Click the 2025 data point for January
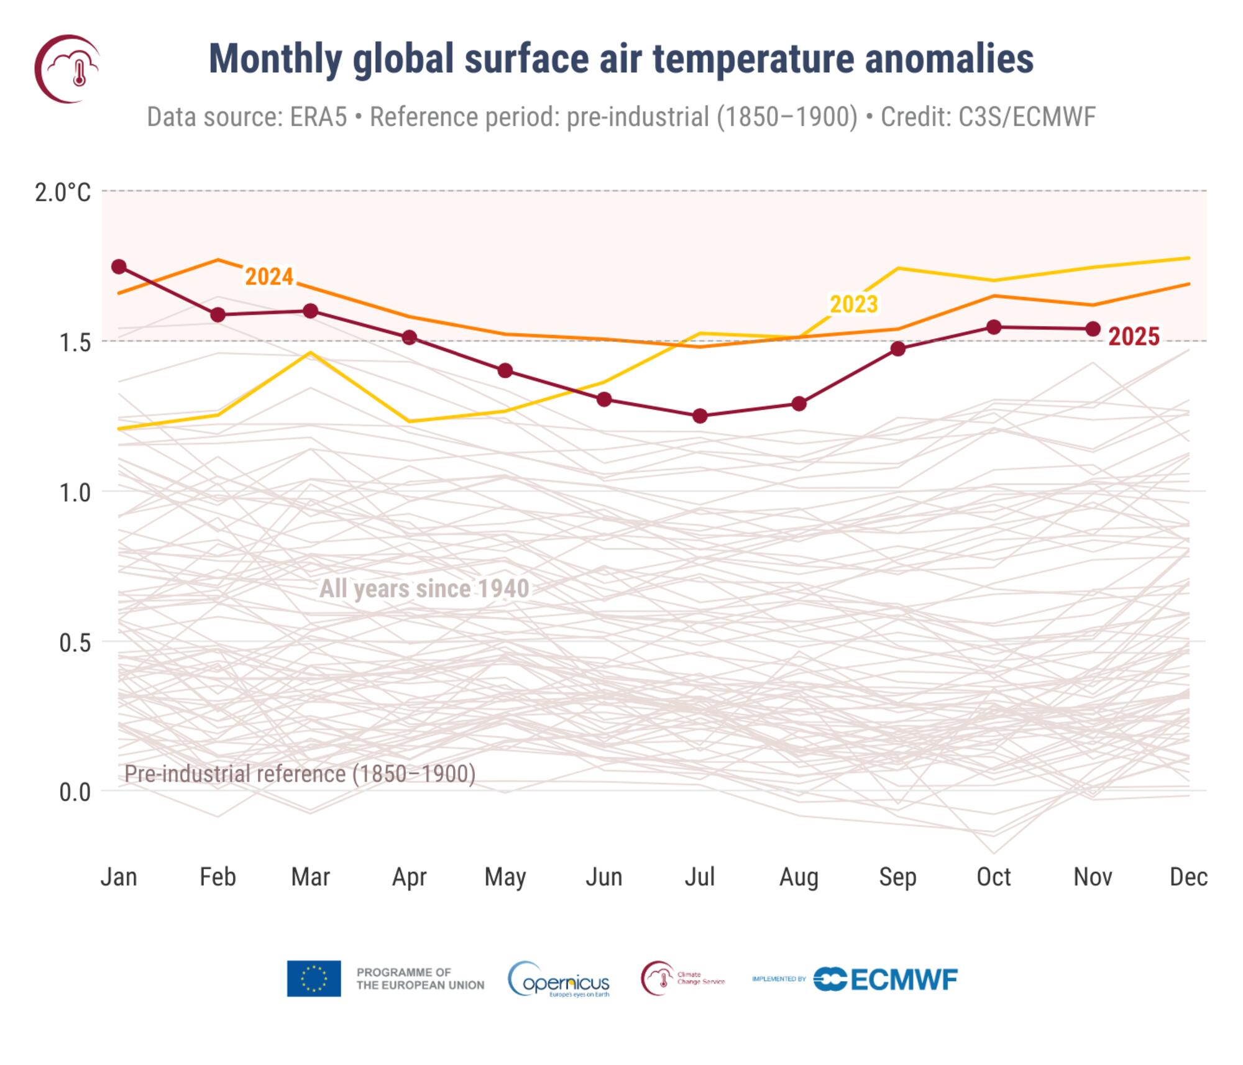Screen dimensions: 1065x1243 [x=119, y=267]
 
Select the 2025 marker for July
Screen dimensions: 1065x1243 [x=700, y=416]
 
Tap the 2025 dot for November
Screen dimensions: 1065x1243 [x=1093, y=329]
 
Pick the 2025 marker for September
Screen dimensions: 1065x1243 [x=897, y=349]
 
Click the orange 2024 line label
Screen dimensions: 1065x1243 [x=268, y=277]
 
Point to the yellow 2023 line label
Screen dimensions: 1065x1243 [x=854, y=304]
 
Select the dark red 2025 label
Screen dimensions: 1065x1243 [x=1134, y=337]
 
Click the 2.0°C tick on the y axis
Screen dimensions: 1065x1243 [x=63, y=193]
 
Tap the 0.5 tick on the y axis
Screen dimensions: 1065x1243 [x=75, y=642]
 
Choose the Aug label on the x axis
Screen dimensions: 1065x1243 [x=799, y=877]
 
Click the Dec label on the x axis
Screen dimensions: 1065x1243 [x=1188, y=877]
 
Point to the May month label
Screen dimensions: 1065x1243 [x=505, y=877]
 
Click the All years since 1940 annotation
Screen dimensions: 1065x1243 [x=424, y=588]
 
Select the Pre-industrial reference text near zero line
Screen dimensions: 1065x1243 [x=300, y=774]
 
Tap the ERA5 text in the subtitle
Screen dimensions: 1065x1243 [x=318, y=117]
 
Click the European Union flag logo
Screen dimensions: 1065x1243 [x=313, y=979]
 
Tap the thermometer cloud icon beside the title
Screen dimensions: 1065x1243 [x=67, y=68]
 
